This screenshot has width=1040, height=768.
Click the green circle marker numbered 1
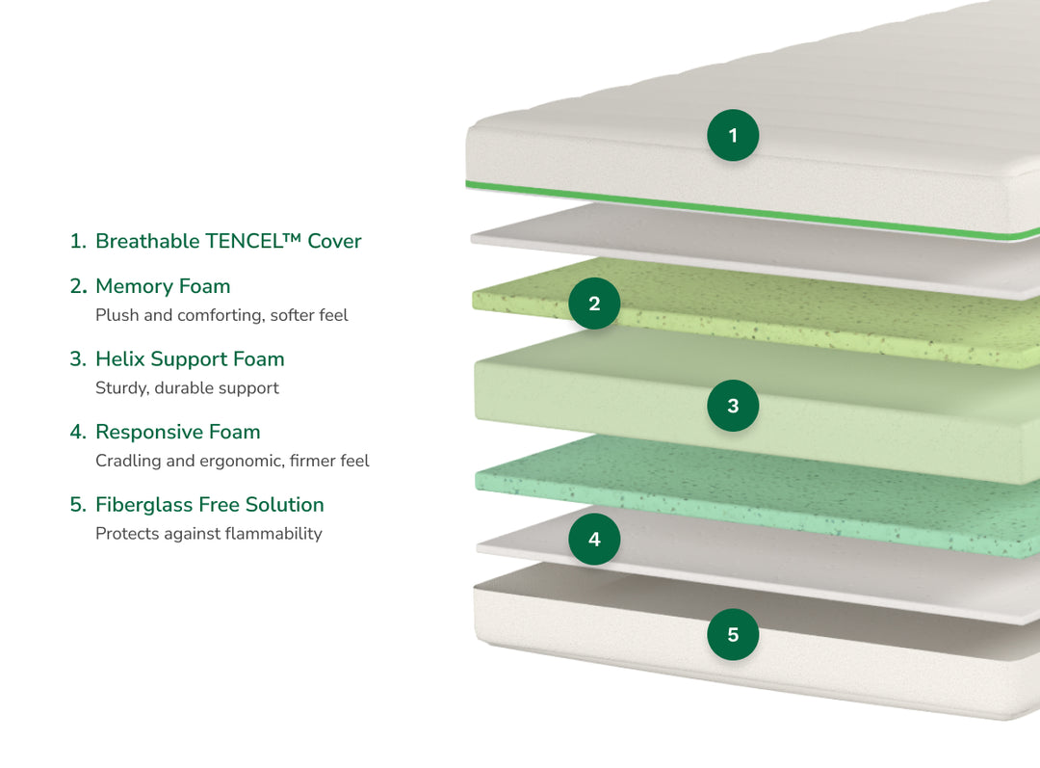[733, 135]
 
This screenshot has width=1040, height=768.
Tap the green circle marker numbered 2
[594, 304]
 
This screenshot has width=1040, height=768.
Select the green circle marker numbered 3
[733, 406]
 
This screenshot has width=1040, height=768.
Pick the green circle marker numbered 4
[594, 540]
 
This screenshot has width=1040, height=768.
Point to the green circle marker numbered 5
[733, 635]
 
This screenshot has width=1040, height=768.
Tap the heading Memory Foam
[163, 286]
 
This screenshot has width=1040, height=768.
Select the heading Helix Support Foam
[190, 359]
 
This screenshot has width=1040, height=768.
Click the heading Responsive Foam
[177, 432]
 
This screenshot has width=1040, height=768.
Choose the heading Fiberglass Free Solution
[209, 505]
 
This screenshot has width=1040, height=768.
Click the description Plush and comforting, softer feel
[221, 315]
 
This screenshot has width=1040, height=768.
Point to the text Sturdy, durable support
[187, 388]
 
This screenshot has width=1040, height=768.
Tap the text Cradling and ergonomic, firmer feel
[232, 461]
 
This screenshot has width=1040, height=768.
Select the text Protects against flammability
[208, 534]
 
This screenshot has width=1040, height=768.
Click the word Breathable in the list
[147, 241]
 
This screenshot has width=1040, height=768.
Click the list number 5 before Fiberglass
[77, 505]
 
